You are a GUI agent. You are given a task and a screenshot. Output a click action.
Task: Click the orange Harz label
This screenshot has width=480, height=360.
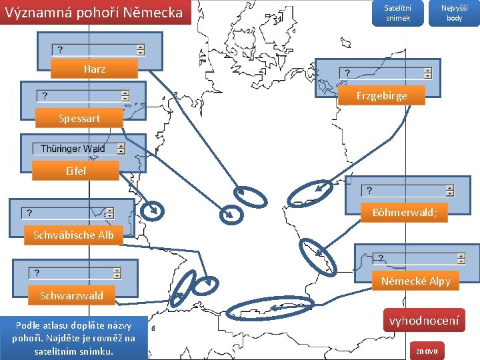tap(94, 69)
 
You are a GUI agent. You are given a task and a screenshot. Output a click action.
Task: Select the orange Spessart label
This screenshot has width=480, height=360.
tap(79, 119)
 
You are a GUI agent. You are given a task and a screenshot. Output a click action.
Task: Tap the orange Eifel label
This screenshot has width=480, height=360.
tap(75, 171)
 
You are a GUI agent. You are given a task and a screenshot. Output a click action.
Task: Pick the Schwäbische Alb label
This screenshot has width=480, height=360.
tap(73, 235)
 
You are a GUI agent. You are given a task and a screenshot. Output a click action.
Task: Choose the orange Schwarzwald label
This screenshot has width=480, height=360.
tap(71, 295)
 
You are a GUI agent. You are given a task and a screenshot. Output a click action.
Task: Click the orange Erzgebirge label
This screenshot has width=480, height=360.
tap(381, 96)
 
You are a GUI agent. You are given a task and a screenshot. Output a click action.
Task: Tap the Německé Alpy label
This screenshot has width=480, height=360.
tap(415, 281)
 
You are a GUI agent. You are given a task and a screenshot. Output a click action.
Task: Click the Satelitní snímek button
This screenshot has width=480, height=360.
tap(397, 13)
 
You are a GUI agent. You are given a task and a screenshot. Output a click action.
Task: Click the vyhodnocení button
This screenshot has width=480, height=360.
tap(423, 321)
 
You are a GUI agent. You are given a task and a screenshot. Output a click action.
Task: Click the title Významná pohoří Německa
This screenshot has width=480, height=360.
tap(94, 12)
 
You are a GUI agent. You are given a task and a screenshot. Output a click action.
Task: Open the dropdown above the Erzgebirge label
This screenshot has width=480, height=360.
tap(385, 73)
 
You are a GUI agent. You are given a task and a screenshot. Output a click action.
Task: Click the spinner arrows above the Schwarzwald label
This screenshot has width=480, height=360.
tap(117, 273)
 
